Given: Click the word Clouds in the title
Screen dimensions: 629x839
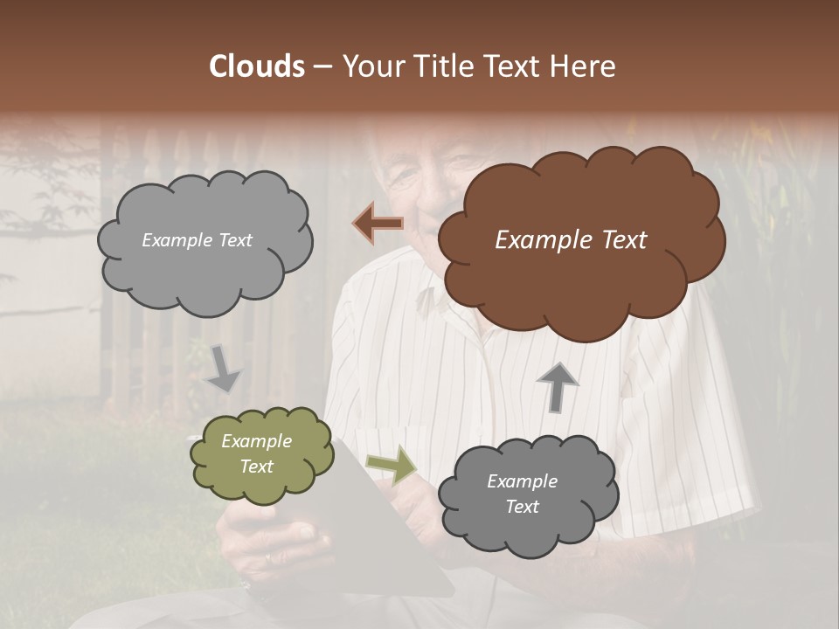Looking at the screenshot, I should click(x=257, y=66).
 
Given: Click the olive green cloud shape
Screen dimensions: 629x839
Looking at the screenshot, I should click(x=261, y=454).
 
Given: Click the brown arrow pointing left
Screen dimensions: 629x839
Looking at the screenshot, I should click(x=378, y=224).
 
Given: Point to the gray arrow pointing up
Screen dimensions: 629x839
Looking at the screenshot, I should click(x=557, y=386).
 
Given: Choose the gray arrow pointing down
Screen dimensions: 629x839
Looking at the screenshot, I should click(x=224, y=368).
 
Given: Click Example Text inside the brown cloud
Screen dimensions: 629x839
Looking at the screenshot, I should click(x=571, y=240).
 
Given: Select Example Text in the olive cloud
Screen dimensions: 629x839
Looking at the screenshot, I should click(x=256, y=453).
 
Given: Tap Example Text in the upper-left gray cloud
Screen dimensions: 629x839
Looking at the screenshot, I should click(x=197, y=240).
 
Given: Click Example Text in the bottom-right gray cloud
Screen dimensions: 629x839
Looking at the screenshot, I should click(x=522, y=494).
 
